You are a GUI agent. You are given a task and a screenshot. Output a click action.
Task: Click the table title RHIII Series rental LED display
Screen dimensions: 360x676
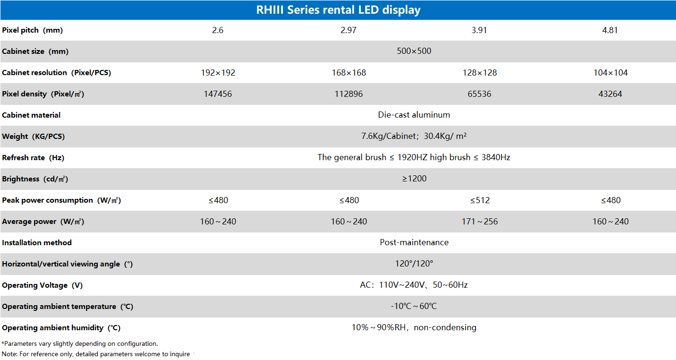(x=338, y=10)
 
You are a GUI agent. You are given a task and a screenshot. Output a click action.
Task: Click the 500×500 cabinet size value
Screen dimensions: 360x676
(x=414, y=51)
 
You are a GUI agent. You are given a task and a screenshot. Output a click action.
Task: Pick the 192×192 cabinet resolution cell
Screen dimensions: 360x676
(x=218, y=73)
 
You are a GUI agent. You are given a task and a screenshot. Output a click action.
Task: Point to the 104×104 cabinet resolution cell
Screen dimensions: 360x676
(x=610, y=73)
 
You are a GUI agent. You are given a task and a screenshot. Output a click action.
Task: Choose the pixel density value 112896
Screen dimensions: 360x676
(x=349, y=94)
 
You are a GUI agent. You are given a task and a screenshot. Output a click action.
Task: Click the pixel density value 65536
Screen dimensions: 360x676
(x=479, y=94)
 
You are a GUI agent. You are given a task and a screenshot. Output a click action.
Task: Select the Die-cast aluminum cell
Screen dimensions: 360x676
(x=414, y=115)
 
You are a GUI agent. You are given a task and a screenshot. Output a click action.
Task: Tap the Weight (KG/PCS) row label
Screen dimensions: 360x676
(x=34, y=137)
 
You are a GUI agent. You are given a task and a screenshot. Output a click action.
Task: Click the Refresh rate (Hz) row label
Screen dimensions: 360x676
(x=33, y=158)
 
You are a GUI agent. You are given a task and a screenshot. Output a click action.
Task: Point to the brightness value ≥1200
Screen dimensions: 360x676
(x=414, y=179)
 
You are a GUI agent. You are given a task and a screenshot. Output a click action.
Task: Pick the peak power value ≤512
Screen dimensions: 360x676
(x=479, y=200)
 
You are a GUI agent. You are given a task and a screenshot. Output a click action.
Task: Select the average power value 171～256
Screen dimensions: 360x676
(x=479, y=222)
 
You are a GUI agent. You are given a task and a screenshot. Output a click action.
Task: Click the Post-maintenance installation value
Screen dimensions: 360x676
(x=414, y=242)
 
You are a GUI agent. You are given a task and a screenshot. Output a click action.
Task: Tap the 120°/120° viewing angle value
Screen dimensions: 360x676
(x=414, y=264)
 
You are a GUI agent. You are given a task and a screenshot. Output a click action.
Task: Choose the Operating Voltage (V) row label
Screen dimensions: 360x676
(x=43, y=285)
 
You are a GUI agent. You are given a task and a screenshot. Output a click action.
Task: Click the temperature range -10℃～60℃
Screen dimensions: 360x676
(x=414, y=306)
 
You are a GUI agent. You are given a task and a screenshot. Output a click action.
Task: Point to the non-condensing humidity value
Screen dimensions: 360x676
(x=414, y=327)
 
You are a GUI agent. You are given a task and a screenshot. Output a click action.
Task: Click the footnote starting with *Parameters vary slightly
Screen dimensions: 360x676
(x=80, y=343)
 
